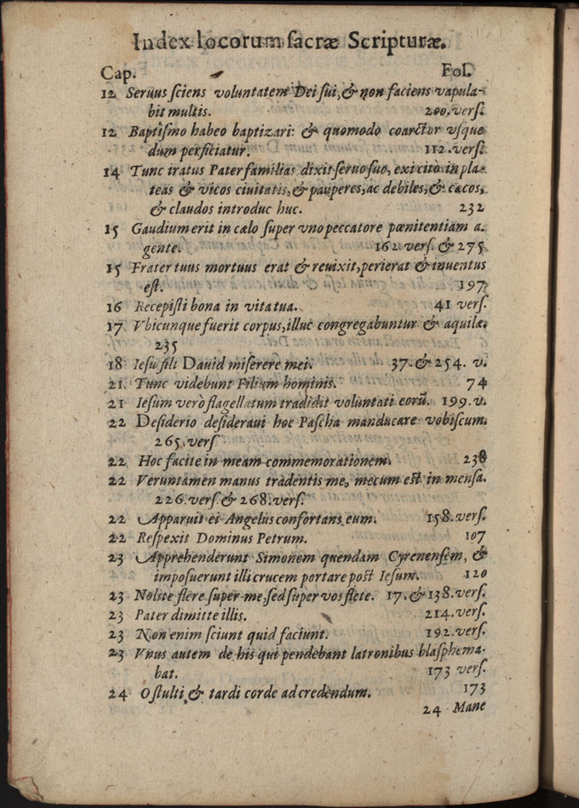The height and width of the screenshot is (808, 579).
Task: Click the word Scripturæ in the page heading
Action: coord(397,42)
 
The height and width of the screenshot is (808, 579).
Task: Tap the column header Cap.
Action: coord(117,73)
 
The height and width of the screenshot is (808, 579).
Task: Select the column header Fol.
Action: coord(458,72)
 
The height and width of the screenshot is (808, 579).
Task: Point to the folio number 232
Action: coord(471,207)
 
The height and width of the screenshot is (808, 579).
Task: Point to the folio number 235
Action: coord(166,345)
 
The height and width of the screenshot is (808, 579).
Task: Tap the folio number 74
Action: coord(475,383)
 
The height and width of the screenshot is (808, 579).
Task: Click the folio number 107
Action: coord(474,536)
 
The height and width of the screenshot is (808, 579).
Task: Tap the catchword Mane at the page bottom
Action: coord(469,708)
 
